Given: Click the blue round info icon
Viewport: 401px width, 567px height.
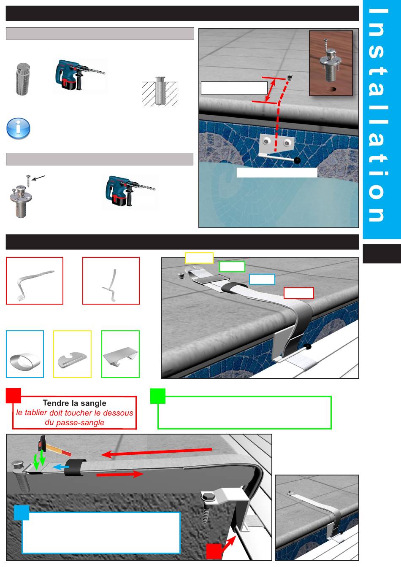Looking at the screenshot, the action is pyautogui.click(x=18, y=128).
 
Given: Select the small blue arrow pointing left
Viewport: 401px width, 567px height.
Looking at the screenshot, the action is pyautogui.click(x=61, y=467).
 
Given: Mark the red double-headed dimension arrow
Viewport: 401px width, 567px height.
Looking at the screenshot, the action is pyautogui.click(x=270, y=90).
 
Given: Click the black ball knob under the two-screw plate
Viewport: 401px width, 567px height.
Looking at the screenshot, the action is pyautogui.click(x=297, y=160).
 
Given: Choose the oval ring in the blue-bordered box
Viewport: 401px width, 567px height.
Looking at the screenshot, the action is pyautogui.click(x=25, y=361).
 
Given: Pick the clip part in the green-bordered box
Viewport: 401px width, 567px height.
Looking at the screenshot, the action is pyautogui.click(x=121, y=356).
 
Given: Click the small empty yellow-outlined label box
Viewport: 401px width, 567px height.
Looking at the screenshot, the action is pyautogui.click(x=199, y=258).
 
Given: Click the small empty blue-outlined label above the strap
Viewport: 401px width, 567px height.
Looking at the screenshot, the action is pyautogui.click(x=262, y=279).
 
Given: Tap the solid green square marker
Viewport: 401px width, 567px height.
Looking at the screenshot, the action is pyautogui.click(x=158, y=396).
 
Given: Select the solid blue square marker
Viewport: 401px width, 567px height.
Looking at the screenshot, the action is pyautogui.click(x=22, y=513).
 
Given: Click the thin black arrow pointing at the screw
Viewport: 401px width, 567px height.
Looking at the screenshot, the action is pyautogui.click(x=39, y=178).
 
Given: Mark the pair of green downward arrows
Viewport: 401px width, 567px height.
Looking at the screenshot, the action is pyautogui.click(x=40, y=459).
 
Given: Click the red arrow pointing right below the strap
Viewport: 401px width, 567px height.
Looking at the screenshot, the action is pyautogui.click(x=120, y=474).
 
